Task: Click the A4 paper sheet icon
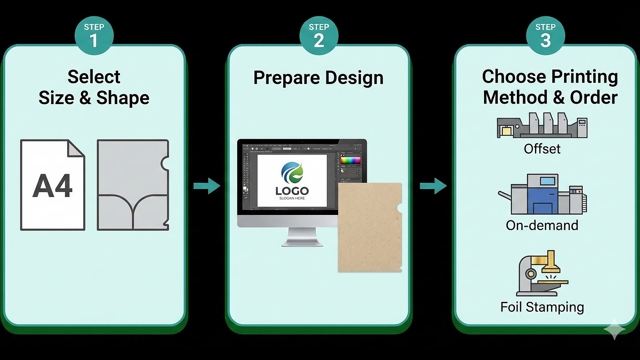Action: tap(52, 185)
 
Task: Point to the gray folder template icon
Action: tap(133, 185)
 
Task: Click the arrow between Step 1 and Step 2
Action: tap(206, 185)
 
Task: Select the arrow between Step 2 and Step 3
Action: tap(433, 185)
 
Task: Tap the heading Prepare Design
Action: tap(318, 77)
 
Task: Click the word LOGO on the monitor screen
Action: tap(292, 191)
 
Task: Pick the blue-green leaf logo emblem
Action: tap(292, 173)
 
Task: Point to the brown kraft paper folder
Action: tap(369, 227)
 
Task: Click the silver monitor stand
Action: tap(302, 237)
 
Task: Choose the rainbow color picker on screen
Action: tap(350, 160)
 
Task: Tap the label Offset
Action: tap(542, 149)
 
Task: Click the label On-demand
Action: tap(542, 225)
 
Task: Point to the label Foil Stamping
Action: tap(542, 307)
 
